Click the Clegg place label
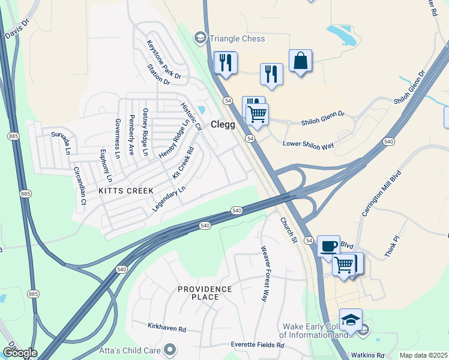pyautogui.click(x=227, y=125)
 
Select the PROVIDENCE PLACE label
pyautogui.click(x=205, y=293)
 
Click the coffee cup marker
pyautogui.click(x=328, y=245)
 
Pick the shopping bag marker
pyautogui.click(x=300, y=61)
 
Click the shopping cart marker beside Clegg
pyautogui.click(x=257, y=113)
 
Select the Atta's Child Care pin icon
pyautogui.click(x=170, y=349)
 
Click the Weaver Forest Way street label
pyautogui.click(x=264, y=273)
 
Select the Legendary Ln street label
pyautogui.click(x=169, y=198)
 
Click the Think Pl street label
pyautogui.click(x=392, y=247)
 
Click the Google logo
pyautogui.click(x=20, y=353)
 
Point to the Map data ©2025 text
pyautogui.click(x=424, y=355)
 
